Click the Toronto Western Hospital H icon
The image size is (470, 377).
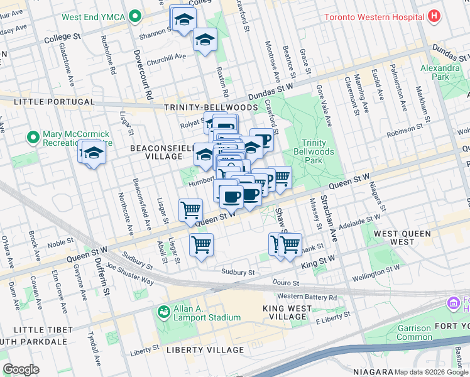click(x=434, y=17)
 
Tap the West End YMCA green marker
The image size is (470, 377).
click(x=134, y=18)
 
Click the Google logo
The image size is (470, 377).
click(x=21, y=369)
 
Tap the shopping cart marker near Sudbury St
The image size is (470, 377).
click(x=201, y=244)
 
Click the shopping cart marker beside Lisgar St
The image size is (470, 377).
click(x=190, y=210)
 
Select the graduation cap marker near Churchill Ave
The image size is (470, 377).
click(x=205, y=40)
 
